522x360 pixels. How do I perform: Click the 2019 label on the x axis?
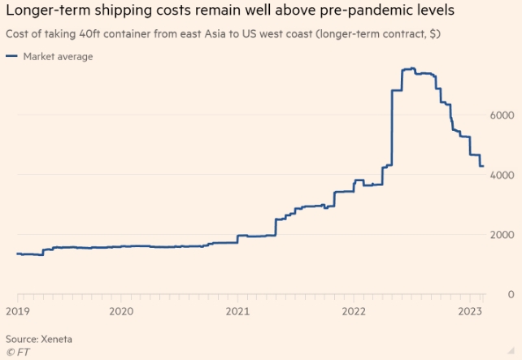click(17, 311)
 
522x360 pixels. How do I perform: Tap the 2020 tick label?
click(120, 311)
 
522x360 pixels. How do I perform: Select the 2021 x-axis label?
click(237, 311)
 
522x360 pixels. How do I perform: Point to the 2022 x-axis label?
click(355, 311)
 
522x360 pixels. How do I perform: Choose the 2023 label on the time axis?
click(470, 311)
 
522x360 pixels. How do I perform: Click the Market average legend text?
click(58, 56)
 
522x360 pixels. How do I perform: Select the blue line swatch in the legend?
click(11, 56)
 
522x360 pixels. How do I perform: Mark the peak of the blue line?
click(413, 68)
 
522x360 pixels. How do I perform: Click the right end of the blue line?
click(483, 166)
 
